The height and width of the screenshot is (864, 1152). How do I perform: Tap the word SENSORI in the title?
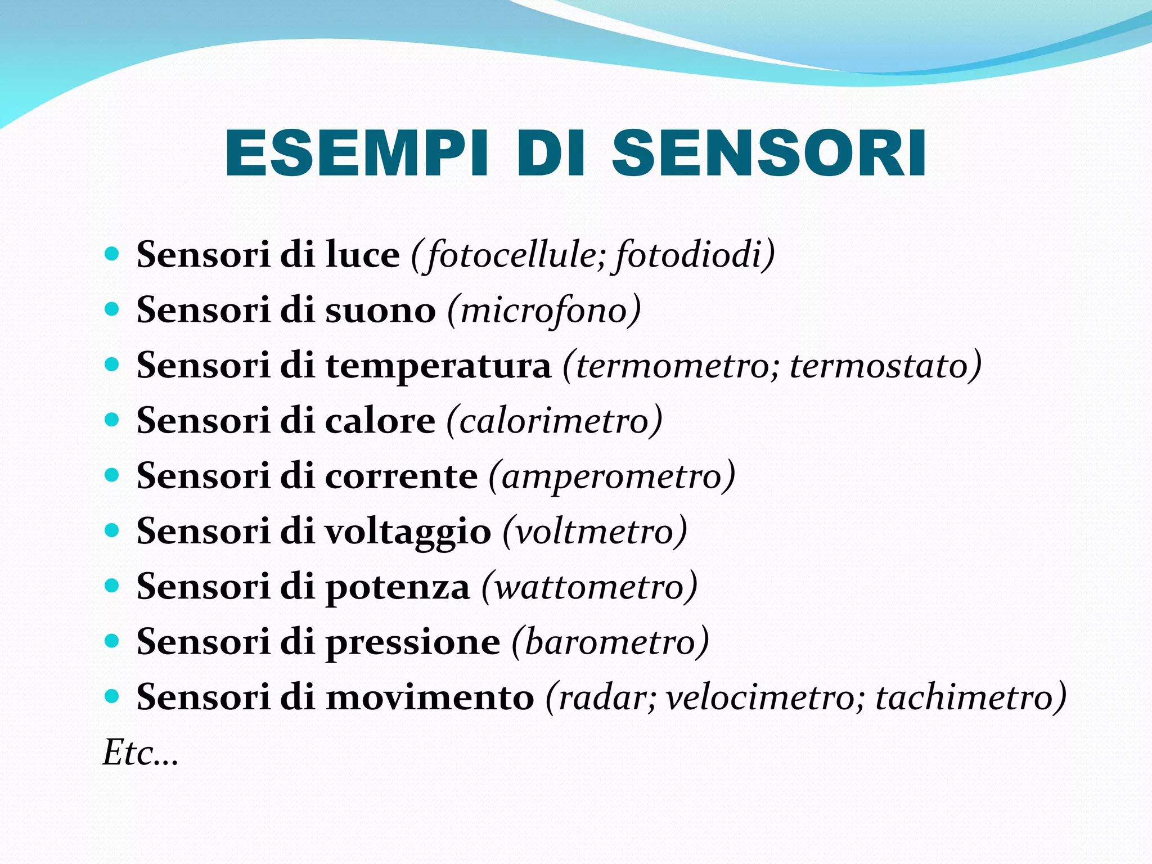coord(769,154)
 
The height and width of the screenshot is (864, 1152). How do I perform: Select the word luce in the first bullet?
coord(363,254)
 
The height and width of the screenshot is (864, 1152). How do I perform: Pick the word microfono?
coord(543,310)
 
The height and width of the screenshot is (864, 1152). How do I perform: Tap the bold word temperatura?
coord(439,366)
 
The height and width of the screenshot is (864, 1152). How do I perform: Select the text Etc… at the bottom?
coord(140,753)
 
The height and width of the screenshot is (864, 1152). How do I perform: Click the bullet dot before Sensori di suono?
coord(112,309)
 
